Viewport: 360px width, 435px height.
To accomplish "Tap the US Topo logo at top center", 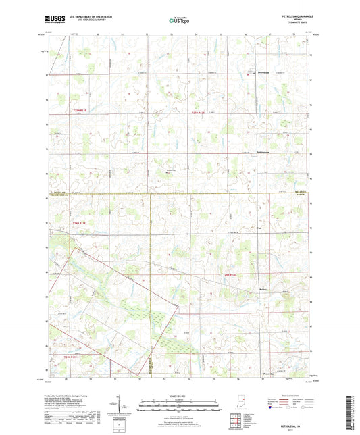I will tap(179, 22).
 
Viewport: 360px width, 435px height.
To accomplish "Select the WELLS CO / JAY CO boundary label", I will tap(301, 194).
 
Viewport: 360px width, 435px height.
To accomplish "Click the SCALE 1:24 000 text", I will tap(180, 395).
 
